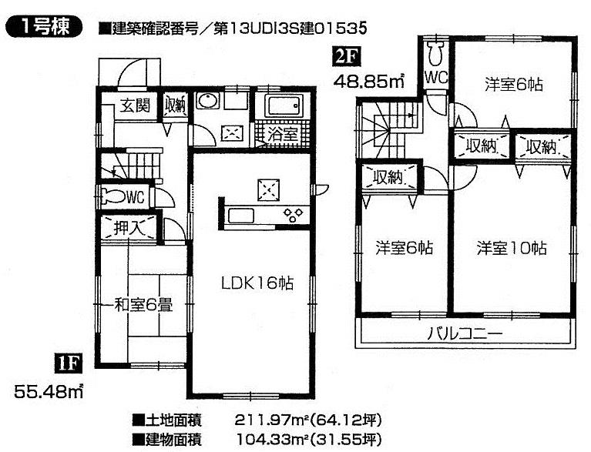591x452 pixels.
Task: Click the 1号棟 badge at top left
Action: (43, 28)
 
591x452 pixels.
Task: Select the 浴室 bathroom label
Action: (283, 134)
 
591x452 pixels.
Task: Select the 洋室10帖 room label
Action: (511, 248)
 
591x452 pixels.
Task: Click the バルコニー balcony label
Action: (465, 333)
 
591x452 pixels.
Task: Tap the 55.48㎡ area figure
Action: (49, 392)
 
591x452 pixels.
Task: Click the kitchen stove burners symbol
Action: (294, 214)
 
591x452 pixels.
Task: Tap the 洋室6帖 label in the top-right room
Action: (513, 85)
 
